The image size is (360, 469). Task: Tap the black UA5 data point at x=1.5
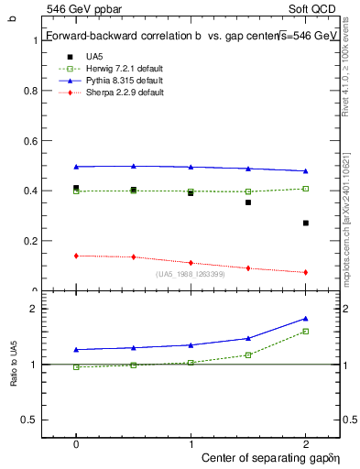248,202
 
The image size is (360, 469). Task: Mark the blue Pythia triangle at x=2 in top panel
306,171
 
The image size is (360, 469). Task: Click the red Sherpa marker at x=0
76,256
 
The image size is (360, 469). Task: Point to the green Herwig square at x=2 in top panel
306,189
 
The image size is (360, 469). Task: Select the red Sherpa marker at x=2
306,272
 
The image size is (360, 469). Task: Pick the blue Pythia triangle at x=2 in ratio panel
306,319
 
